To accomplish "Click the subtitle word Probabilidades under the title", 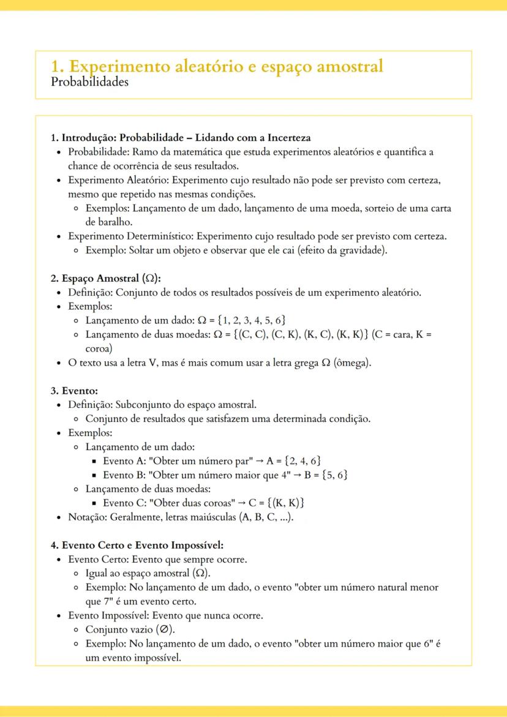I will [90, 82].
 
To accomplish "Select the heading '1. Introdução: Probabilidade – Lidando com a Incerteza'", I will [181, 138].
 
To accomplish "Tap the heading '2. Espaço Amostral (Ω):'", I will [105, 278].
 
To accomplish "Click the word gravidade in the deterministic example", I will [364, 250].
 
